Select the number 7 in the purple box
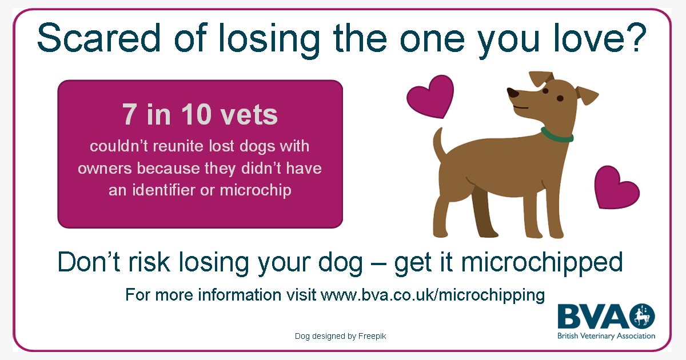click(x=130, y=115)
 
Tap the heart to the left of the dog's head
click(x=429, y=98)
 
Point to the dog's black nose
click(x=513, y=93)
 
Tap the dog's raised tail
click(x=438, y=143)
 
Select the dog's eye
click(x=544, y=90)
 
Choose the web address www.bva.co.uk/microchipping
click(x=432, y=295)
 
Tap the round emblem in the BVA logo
click(x=642, y=316)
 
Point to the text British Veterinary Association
click(x=606, y=336)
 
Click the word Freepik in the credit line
click(x=372, y=337)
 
